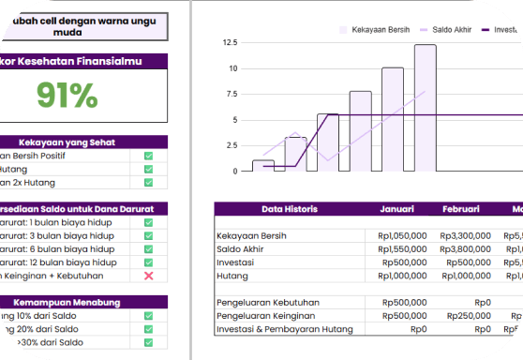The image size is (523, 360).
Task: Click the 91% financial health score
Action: pos(67,96)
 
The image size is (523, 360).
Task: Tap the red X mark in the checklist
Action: pos(148,276)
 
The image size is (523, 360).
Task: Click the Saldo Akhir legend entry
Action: pos(446,30)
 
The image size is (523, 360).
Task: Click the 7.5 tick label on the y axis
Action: pos(231,94)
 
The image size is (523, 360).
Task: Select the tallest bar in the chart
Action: pos(425,107)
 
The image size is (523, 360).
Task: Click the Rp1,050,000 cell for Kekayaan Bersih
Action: pos(402,235)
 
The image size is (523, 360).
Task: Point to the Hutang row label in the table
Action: pos(232,276)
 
